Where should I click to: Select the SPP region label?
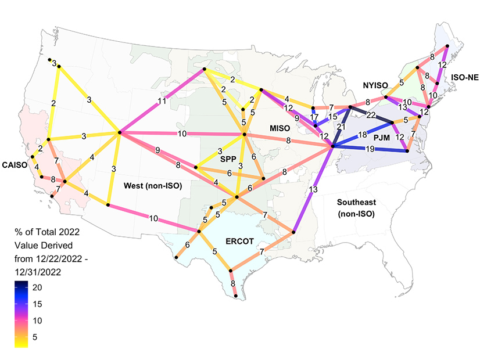228,158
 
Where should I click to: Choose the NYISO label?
378,85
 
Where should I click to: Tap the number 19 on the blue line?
370,149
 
